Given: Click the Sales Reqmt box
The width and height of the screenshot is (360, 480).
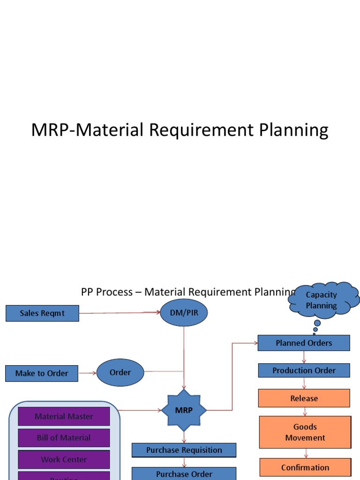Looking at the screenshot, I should point(42,313).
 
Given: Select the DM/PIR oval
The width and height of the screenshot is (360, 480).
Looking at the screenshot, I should point(184,313).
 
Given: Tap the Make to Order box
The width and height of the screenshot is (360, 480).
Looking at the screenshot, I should point(42,374).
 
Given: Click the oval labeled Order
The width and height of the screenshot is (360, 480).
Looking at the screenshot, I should point(120,373).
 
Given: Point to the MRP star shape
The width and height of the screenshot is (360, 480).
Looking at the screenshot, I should point(184,411).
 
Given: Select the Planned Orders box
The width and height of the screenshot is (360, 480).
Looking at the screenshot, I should point(304,343).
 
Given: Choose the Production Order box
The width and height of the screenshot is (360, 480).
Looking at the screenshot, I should point(304,370).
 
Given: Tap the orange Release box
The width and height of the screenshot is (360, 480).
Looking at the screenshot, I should point(304,398).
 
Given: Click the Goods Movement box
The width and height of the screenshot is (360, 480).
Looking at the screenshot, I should point(305,432).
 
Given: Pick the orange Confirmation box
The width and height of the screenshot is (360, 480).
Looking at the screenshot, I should point(305,467).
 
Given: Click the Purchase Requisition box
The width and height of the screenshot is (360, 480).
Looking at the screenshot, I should point(184,450).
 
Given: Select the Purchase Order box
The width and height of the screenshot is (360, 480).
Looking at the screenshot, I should point(184,473).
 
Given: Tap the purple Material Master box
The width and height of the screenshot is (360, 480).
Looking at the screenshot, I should point(64,416).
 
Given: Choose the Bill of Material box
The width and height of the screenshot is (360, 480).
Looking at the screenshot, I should point(64,438).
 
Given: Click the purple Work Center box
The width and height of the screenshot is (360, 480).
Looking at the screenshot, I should point(64,459).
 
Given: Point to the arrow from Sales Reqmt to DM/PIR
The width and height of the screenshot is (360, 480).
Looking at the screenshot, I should point(120,313).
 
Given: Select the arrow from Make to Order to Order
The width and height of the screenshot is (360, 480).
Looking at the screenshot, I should point(88,373).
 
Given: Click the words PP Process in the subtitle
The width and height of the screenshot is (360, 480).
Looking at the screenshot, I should point(107,292).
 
